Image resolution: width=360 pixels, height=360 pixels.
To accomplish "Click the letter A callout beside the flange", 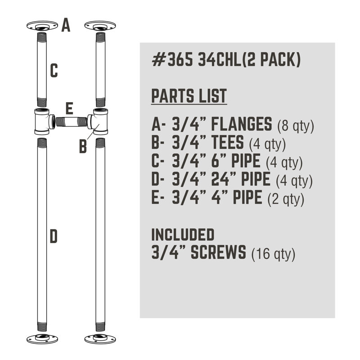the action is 66,25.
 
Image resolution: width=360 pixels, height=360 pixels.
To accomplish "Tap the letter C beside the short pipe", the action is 54,71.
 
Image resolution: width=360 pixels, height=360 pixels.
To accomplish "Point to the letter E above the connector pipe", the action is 69,108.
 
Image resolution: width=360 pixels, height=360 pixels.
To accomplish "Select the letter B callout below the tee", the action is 83,147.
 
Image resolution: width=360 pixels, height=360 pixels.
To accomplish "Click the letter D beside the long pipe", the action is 54,237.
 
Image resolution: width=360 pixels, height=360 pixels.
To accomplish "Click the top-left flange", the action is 42,26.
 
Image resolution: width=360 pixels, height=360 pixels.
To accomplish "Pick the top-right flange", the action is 100,26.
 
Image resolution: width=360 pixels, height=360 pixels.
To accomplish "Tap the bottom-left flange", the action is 42,339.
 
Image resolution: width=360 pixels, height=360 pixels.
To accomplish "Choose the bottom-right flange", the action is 100,339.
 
